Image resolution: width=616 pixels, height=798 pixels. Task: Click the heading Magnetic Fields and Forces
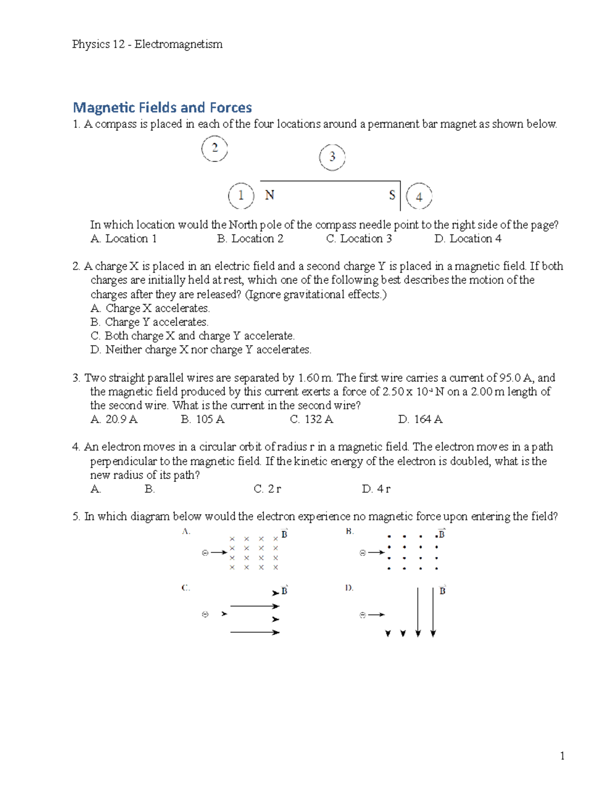[162, 107]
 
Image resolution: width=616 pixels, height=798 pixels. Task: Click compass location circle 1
[241, 196]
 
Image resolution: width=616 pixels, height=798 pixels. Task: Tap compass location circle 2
[215, 149]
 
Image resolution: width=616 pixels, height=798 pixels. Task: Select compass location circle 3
[332, 157]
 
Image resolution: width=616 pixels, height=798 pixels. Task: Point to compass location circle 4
[419, 197]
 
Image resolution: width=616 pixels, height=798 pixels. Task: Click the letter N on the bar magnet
[269, 195]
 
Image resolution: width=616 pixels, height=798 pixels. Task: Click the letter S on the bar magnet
[392, 195]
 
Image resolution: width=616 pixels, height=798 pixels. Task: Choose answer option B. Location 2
[250, 239]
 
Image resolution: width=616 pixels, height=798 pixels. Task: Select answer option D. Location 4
[468, 239]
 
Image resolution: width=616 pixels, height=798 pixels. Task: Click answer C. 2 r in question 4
[267, 489]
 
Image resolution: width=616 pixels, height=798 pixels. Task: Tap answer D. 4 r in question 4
[376, 489]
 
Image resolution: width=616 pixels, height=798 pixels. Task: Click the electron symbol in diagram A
[205, 553]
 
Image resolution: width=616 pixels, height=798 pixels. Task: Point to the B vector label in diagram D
[442, 590]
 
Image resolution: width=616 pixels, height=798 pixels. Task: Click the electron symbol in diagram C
[205, 615]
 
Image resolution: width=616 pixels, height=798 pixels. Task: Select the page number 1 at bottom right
[563, 756]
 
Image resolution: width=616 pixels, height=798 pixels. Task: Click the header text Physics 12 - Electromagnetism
[147, 44]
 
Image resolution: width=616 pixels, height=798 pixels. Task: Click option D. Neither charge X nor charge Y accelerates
[201, 350]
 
